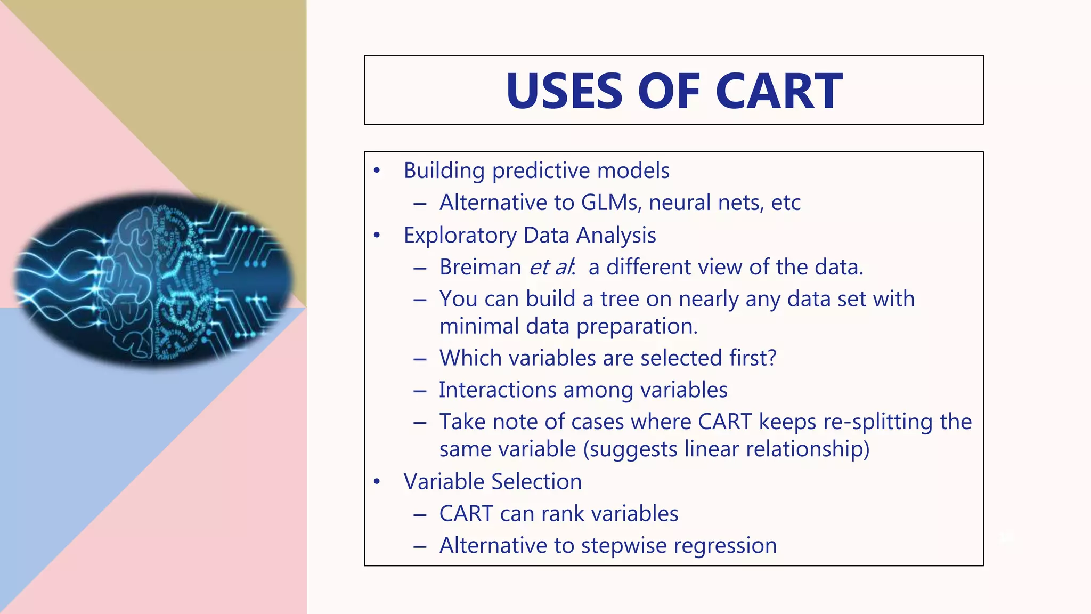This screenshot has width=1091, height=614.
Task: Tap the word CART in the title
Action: pos(779,91)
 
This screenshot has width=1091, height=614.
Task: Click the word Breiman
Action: pos(480,267)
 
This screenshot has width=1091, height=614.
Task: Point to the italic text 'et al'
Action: pos(551,267)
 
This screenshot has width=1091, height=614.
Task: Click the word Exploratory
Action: pos(460,235)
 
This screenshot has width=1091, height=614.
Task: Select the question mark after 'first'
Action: pos(772,358)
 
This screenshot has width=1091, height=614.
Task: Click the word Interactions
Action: pos(498,390)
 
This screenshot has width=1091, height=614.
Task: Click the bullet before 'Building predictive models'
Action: pos(377,171)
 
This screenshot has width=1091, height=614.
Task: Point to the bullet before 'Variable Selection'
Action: pos(377,481)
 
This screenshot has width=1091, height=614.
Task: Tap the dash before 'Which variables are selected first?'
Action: pos(420,359)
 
